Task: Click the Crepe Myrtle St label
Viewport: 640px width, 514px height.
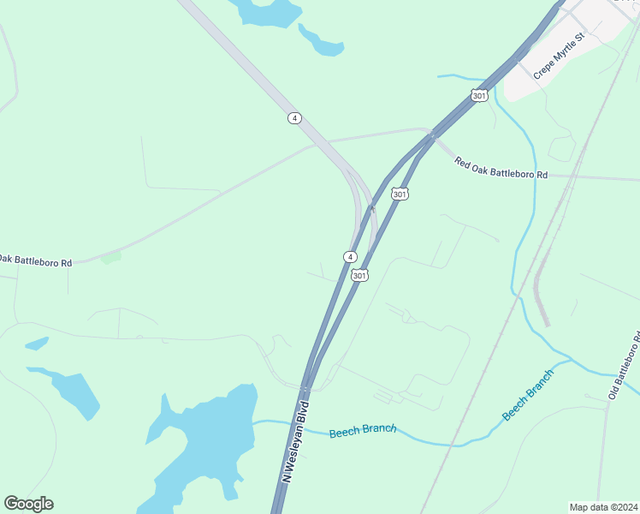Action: pyautogui.click(x=558, y=57)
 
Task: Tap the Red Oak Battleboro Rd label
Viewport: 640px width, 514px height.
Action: pyautogui.click(x=501, y=167)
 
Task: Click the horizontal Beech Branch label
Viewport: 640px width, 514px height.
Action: pyautogui.click(x=363, y=429)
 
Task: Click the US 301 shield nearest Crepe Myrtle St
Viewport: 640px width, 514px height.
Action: pyautogui.click(x=479, y=95)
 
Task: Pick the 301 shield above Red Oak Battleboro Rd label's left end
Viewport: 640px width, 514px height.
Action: pyautogui.click(x=400, y=194)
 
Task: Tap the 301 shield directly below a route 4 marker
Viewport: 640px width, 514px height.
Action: pyautogui.click(x=359, y=275)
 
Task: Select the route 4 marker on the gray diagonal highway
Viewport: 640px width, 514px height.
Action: pyautogui.click(x=294, y=118)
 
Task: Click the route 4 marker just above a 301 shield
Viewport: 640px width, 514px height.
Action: pyautogui.click(x=350, y=257)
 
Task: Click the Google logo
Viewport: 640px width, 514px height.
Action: pyautogui.click(x=28, y=504)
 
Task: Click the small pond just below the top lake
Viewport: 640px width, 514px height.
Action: pyautogui.click(x=322, y=41)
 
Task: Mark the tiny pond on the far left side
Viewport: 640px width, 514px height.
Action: pyautogui.click(x=36, y=344)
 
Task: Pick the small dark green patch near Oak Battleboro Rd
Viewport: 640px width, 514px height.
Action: pyautogui.click(x=110, y=257)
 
